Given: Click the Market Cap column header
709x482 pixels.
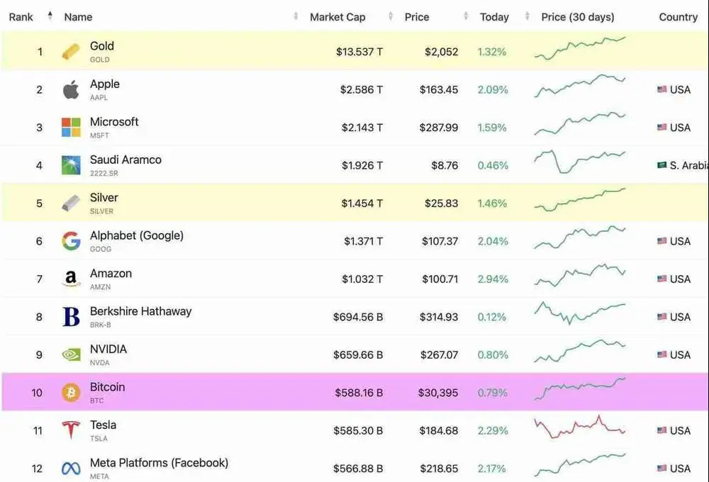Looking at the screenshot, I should [337, 17].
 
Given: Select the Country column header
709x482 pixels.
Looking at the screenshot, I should [678, 17].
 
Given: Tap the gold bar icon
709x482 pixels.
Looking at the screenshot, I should [71, 52].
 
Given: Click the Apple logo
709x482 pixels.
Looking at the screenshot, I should [71, 90].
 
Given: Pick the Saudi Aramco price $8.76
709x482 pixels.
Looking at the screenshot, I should [445, 165].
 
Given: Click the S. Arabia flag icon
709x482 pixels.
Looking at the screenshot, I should [661, 165].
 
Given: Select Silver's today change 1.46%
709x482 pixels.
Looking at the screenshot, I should [492, 203].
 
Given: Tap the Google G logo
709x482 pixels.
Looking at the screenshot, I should [71, 241].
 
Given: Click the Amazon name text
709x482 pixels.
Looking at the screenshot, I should [111, 274].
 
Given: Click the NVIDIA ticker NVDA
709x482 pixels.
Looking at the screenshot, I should [100, 363].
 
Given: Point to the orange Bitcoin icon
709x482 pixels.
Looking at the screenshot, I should [71, 393].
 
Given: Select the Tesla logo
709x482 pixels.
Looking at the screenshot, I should [71, 430].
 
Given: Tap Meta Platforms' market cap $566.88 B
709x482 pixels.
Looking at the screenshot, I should [358, 469].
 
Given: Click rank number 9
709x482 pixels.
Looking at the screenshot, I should [39, 355].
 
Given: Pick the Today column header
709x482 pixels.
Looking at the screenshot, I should [494, 17].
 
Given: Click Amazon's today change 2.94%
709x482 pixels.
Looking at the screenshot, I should [492, 279].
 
